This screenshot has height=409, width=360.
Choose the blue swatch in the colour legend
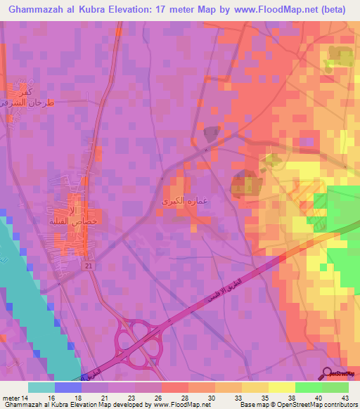(x=68, y=387)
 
